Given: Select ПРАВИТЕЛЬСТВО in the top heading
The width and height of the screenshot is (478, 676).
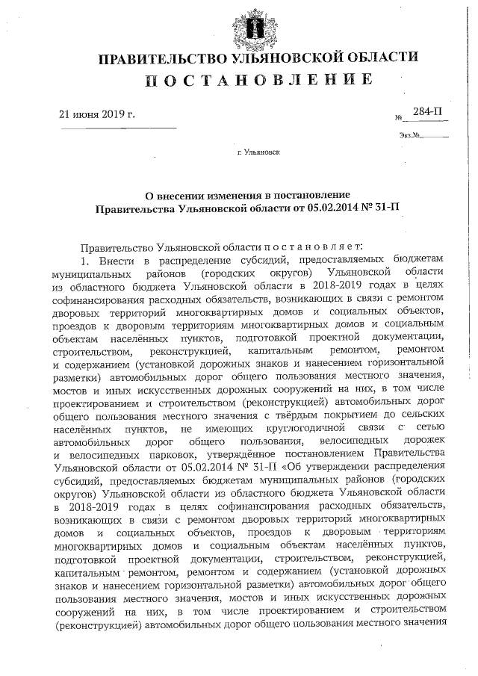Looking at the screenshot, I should tap(156, 58).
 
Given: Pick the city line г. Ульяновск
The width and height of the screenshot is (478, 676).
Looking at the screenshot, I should tap(258, 154).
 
